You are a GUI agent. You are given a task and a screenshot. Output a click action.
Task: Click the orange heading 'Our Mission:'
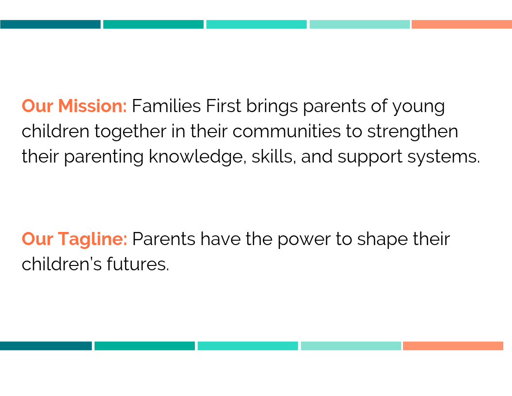click(x=74, y=106)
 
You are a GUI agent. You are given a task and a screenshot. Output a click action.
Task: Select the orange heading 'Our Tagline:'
click(x=75, y=238)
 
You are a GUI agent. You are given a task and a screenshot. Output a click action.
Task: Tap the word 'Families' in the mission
click(x=166, y=106)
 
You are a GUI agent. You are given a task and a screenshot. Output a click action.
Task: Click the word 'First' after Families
click(x=224, y=106)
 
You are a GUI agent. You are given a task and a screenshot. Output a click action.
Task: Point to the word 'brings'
click(x=272, y=106)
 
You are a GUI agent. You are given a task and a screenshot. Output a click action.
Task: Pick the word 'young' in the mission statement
click(x=418, y=107)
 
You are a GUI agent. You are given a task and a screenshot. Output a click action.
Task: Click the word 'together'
click(x=130, y=132)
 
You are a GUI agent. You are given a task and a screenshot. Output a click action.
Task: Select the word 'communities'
click(x=287, y=132)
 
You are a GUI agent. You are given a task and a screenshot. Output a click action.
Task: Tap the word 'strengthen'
click(x=413, y=132)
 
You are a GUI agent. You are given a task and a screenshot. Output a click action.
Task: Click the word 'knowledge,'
click(x=197, y=157)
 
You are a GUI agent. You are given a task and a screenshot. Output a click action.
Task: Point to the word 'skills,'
click(x=273, y=156)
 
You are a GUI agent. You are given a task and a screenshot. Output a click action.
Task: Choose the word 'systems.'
click(x=444, y=158)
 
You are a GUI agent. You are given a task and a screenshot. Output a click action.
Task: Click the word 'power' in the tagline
click(x=304, y=240)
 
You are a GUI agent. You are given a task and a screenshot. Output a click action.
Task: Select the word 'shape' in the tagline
click(x=383, y=240)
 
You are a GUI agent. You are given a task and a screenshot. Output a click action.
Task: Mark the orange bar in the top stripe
click(x=462, y=24)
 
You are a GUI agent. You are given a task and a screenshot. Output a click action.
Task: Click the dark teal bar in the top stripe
click(x=50, y=24)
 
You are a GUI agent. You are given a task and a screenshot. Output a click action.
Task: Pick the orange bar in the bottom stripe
click(x=453, y=346)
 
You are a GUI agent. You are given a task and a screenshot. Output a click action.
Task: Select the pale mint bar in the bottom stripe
click(x=351, y=346)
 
